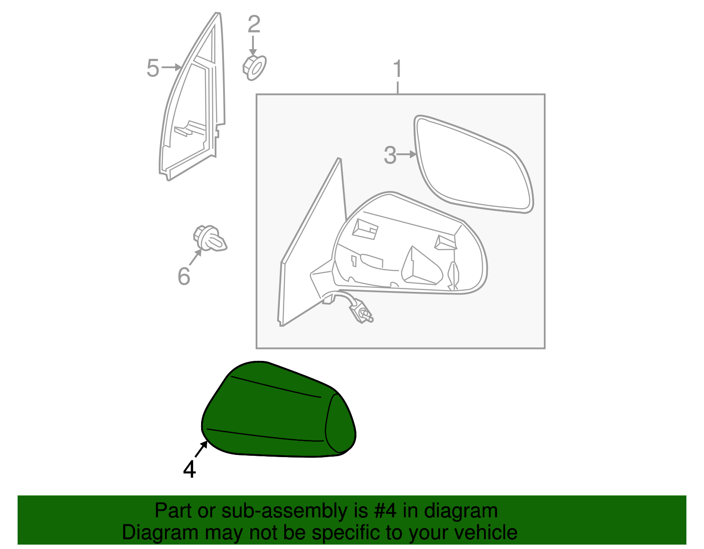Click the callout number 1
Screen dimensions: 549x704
click(397, 69)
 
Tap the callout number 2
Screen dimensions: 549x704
click(254, 25)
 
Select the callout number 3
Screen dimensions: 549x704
click(390, 155)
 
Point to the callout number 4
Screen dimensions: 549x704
click(189, 469)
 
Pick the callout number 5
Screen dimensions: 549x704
click(153, 68)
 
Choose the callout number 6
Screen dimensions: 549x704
click(184, 276)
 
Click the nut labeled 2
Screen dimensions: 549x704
click(254, 68)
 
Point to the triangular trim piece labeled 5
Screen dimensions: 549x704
click(194, 110)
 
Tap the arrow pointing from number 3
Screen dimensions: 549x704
click(407, 154)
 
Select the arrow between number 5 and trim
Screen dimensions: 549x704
click(172, 67)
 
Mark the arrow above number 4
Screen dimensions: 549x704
click(202, 450)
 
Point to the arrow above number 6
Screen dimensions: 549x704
click(196, 256)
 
